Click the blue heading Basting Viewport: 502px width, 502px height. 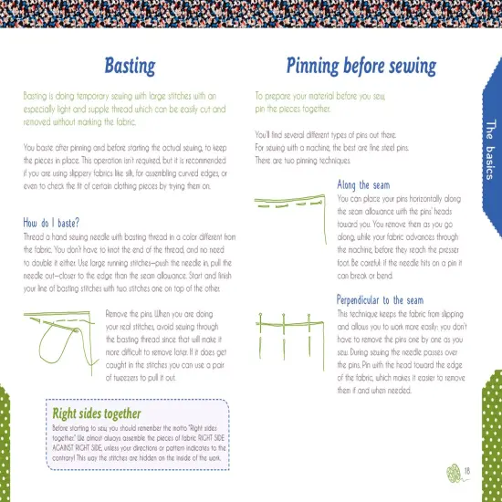(x=130, y=66)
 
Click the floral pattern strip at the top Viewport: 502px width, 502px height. (x=251, y=12)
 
